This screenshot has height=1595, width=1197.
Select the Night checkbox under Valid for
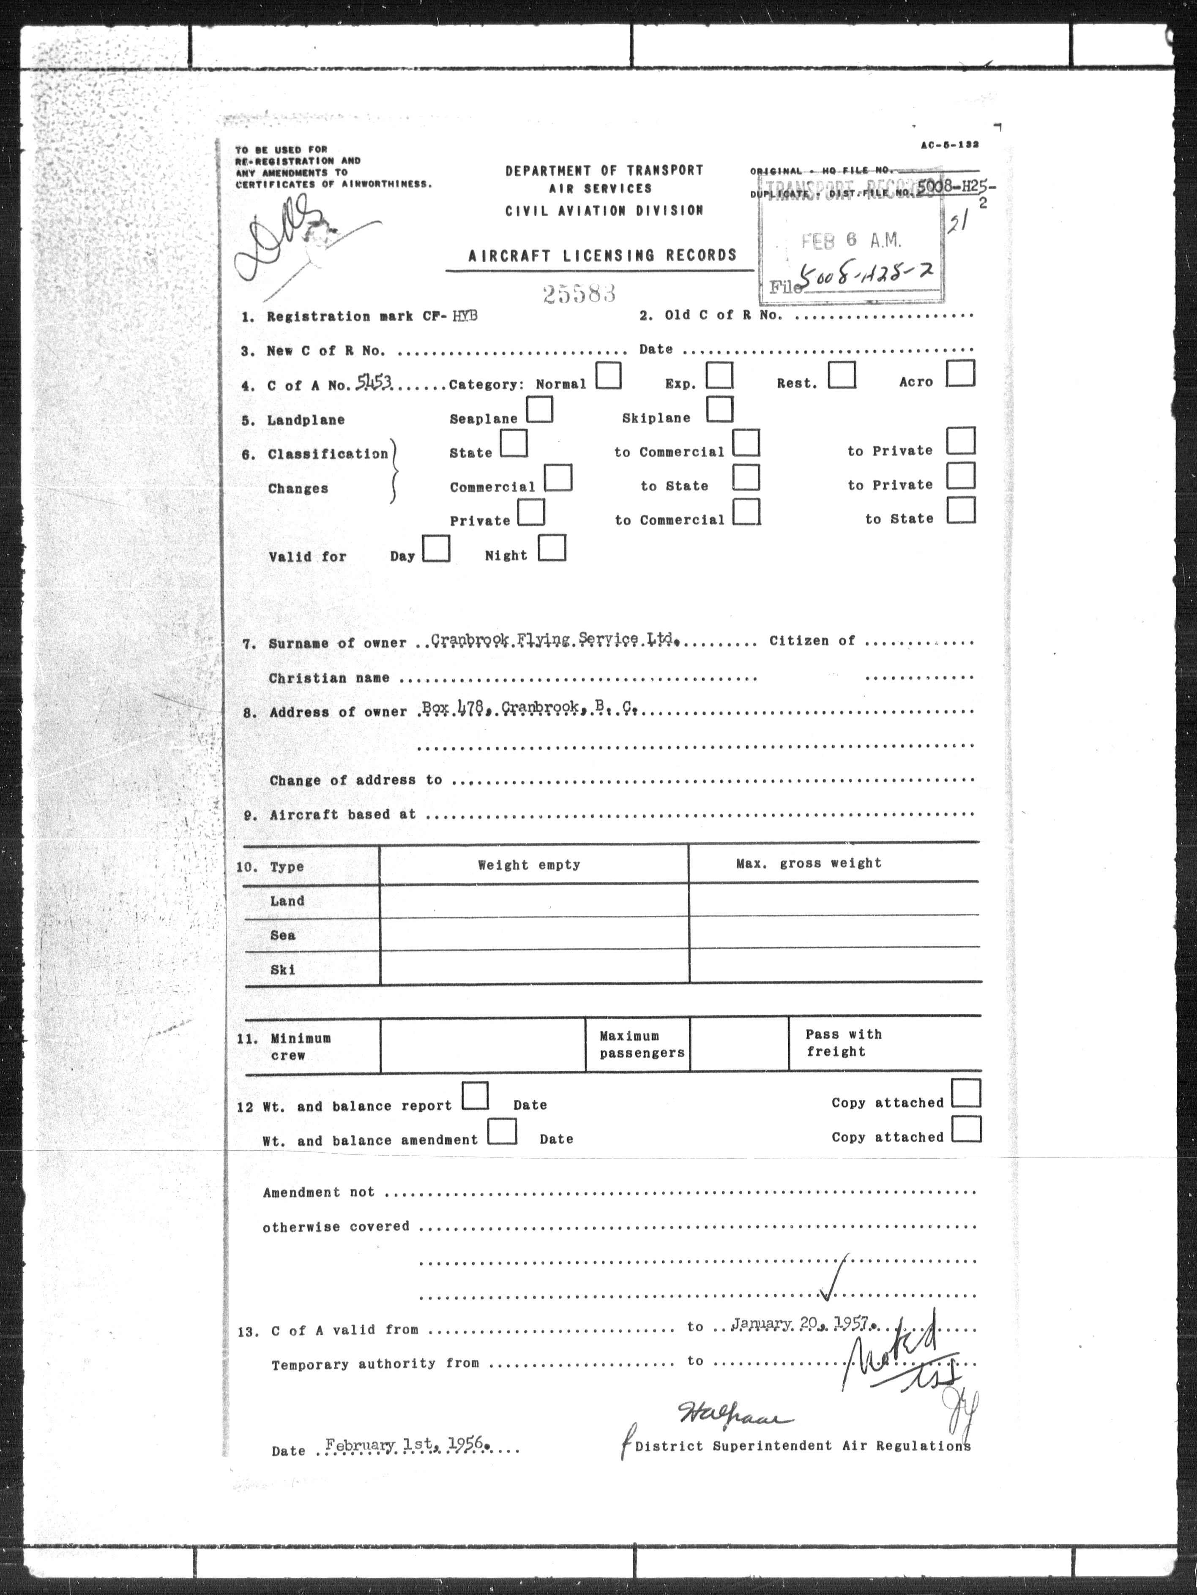pos(552,547)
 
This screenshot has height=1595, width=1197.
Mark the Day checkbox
pos(436,549)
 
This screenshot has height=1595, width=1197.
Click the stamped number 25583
pos(579,293)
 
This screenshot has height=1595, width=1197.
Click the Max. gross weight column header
pos(808,863)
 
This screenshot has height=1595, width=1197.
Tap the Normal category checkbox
pos(608,376)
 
